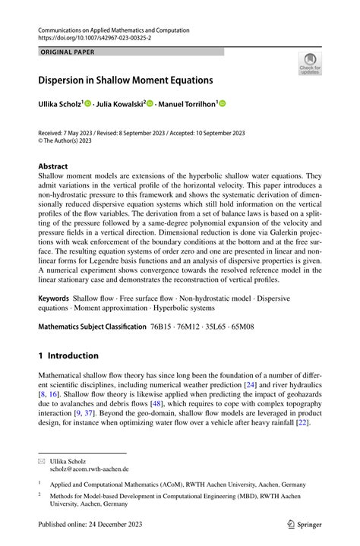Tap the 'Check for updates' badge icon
pyautogui.click(x=310, y=63)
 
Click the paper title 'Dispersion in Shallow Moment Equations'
pyautogui.click(x=126, y=79)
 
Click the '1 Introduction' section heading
pyautogui.click(x=69, y=355)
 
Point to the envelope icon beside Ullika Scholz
pyautogui.click(x=42, y=461)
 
